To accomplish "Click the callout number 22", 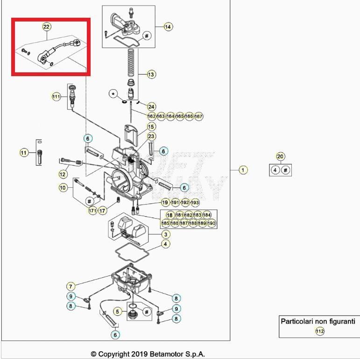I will (46, 27).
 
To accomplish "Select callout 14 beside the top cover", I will (168, 27).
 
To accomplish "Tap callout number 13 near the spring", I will (151, 74).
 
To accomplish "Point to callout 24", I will (151, 106).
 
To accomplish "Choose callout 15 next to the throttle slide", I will (151, 127).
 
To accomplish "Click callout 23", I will (151, 136).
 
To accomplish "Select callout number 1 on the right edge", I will (243, 170).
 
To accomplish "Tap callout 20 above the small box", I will (280, 156).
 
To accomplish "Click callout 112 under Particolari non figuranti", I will (319, 332).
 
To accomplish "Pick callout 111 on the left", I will (56, 97).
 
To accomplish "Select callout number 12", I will (63, 174).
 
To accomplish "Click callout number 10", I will (63, 188).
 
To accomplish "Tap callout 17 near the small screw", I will (102, 211).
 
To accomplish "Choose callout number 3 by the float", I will (165, 234).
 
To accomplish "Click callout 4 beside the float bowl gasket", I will (165, 244).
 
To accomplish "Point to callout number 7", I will (71, 286).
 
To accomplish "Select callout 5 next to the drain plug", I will (118, 311).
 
